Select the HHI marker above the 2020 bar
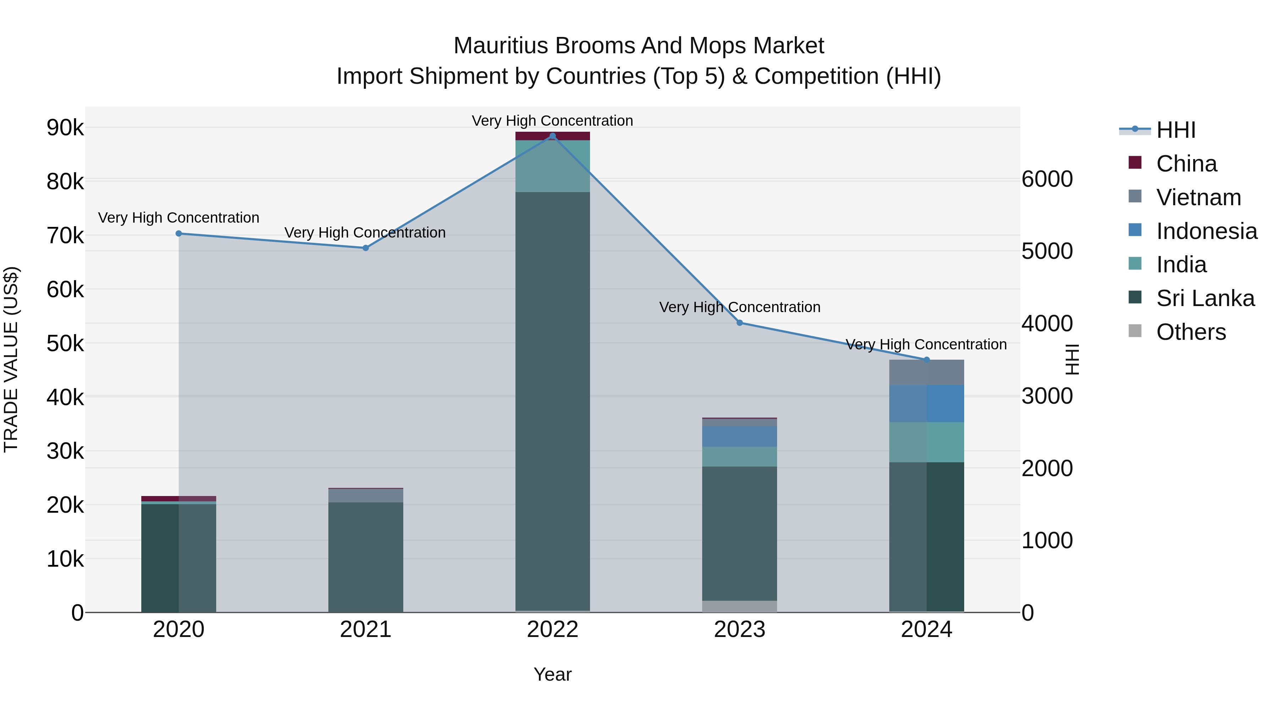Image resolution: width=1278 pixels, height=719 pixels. [179, 233]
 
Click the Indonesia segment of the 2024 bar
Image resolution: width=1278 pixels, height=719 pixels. [926, 403]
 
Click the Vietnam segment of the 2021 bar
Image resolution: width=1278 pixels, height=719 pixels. [366, 495]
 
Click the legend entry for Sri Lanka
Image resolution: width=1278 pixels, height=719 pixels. [1205, 298]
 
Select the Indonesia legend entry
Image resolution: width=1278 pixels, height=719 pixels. [1207, 231]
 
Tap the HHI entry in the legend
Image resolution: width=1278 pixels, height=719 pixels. [1175, 130]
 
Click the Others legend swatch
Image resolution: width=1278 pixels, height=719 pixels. [1135, 331]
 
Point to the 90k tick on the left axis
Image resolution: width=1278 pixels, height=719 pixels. [65, 128]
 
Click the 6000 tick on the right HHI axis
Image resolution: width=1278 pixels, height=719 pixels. [1047, 179]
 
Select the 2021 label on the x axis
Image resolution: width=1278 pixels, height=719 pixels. [366, 630]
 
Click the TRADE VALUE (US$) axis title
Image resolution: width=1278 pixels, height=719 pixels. [11, 359]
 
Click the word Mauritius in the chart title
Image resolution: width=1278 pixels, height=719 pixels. [501, 46]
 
